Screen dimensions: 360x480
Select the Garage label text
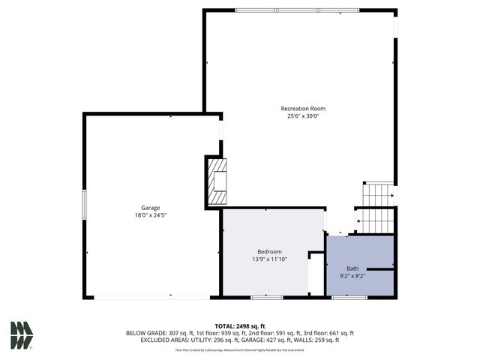tap(151, 208)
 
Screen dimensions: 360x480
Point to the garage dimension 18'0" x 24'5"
tap(151, 215)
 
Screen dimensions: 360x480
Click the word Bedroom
tap(269, 251)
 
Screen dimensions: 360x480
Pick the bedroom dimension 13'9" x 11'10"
tap(269, 259)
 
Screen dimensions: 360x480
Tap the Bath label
tap(352, 268)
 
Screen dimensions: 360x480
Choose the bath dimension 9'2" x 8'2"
tap(352, 276)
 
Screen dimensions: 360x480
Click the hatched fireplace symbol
tap(216, 181)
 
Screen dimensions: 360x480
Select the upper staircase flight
tap(379, 194)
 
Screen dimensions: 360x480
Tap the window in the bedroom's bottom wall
tap(266, 298)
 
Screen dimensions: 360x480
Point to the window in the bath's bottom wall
tap(344, 298)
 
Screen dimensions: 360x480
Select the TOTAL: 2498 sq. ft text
tap(240, 325)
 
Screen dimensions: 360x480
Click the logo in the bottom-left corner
tap(21, 334)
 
